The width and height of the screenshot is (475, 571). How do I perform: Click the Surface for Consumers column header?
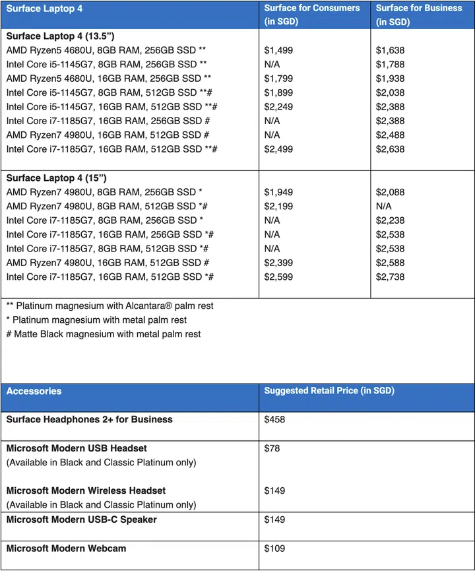click(312, 15)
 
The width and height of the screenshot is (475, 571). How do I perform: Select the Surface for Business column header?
click(420, 15)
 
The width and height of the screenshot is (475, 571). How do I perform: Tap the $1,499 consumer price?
click(278, 50)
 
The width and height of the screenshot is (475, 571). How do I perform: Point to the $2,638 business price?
click(391, 149)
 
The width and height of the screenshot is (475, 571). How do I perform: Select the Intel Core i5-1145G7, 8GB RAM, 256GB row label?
click(106, 65)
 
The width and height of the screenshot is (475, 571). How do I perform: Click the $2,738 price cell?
click(391, 277)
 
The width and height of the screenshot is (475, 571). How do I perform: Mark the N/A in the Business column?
click(384, 206)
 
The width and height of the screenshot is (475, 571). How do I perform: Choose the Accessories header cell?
click(34, 391)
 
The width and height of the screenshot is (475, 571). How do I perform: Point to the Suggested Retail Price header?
click(329, 391)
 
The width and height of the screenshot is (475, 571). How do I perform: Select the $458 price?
click(274, 419)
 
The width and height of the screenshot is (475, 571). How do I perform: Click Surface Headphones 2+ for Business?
click(90, 419)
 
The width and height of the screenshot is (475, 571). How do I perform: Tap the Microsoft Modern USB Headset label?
click(77, 448)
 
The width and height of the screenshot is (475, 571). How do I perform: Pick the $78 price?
click(272, 448)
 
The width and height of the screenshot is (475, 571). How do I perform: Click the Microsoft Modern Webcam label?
click(66, 548)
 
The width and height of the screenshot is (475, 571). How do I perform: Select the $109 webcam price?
click(274, 548)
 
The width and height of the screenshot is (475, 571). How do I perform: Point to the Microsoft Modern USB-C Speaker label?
click(82, 520)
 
